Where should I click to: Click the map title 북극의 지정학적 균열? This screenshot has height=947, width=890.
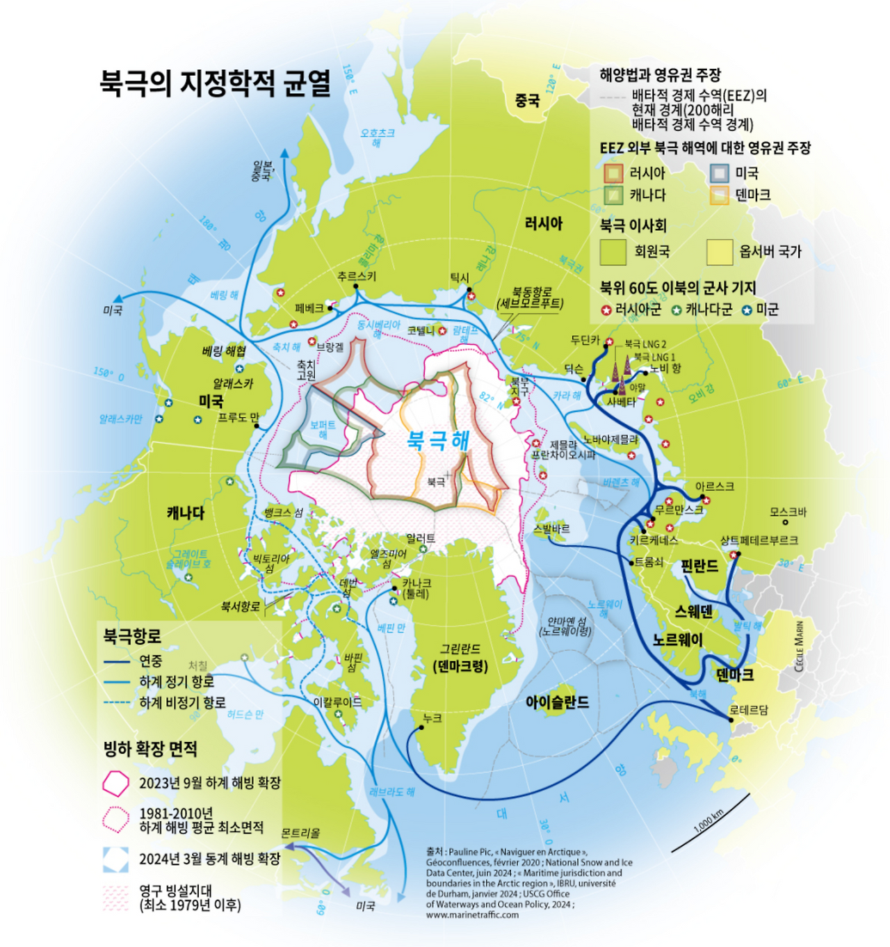click(215, 83)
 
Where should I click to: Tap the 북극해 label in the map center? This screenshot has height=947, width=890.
click(437, 440)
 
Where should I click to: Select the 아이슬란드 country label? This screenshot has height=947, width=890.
click(556, 702)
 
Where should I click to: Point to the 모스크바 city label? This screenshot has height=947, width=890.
click(787, 512)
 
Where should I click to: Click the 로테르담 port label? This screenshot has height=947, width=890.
click(748, 710)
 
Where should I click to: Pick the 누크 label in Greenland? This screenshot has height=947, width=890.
click(432, 718)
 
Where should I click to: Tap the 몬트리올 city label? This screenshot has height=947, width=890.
click(300, 833)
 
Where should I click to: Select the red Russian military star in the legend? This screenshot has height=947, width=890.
click(606, 310)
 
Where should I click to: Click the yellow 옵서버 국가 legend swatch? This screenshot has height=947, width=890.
click(719, 252)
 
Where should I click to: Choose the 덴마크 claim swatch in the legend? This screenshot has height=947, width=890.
click(719, 195)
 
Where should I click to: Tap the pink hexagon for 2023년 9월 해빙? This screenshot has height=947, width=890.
click(115, 783)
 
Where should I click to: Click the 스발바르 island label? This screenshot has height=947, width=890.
click(551, 529)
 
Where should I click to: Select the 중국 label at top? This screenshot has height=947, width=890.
click(527, 101)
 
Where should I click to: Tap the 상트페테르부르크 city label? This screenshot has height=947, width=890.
click(759, 540)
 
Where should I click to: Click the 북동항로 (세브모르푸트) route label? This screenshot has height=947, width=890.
click(531, 298)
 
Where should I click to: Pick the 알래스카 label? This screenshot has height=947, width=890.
click(233, 384)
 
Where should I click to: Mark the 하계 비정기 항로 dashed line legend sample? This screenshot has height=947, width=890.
click(116, 703)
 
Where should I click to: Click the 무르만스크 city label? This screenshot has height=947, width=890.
click(679, 510)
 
